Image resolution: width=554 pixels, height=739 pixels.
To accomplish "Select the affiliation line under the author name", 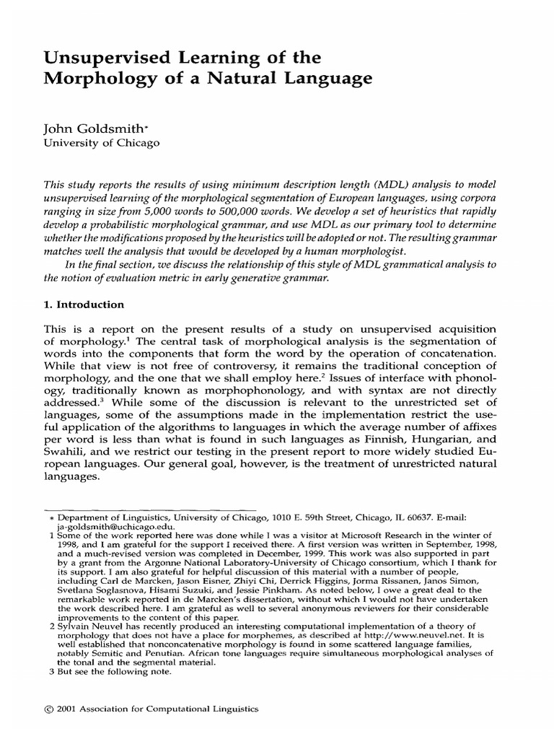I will [x=102, y=143].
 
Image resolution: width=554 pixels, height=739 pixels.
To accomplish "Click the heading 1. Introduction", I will [x=85, y=305].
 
